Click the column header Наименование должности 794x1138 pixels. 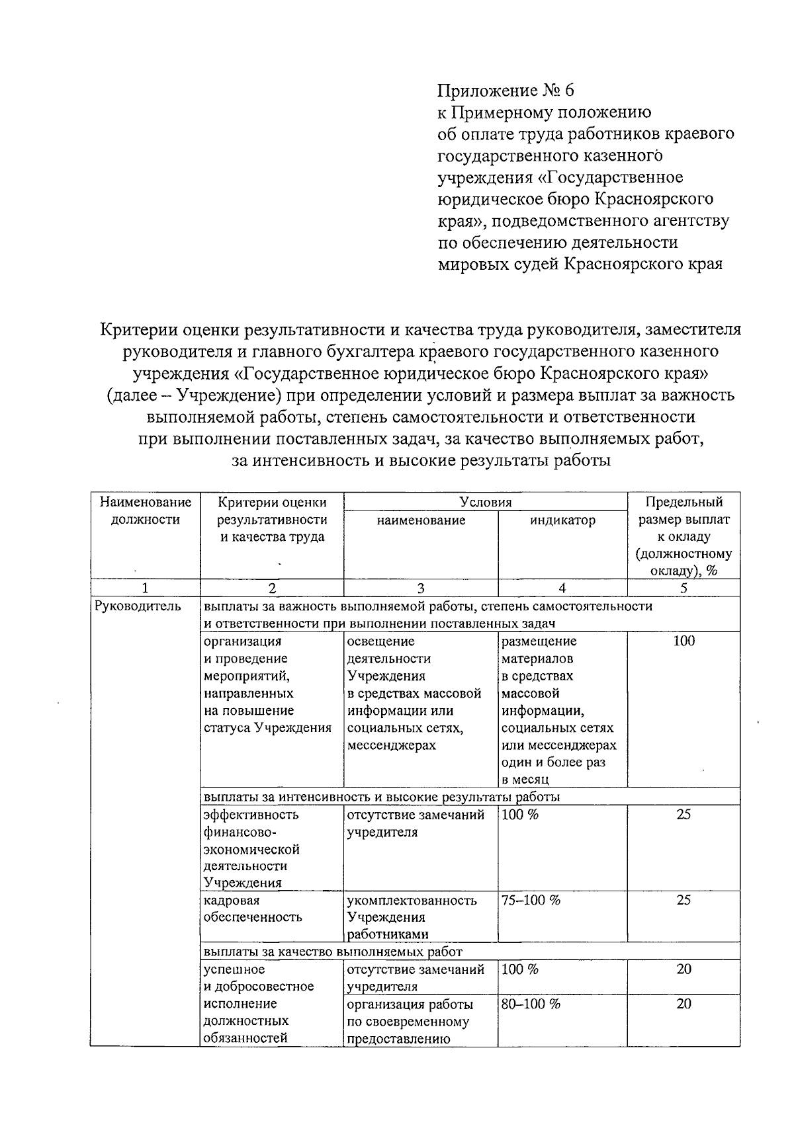coord(145,510)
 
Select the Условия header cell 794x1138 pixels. coord(486,502)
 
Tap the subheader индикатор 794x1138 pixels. coord(562,520)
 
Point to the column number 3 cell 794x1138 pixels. coord(421,588)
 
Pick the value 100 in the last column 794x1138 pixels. coord(684,641)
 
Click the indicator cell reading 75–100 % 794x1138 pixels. coord(531,900)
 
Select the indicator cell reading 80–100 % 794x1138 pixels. coord(531,1004)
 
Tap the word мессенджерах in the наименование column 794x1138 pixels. coord(392,745)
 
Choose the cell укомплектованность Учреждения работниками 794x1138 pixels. coord(412,917)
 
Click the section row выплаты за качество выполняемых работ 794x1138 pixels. coord(333,952)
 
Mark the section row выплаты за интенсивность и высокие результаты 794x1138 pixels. coord(382,797)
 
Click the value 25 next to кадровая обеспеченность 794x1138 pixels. coord(684,900)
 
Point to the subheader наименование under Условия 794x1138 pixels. coord(421,520)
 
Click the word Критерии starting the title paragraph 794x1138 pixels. coord(137,329)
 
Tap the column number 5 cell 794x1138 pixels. coord(684,588)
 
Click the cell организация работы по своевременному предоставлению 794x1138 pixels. coord(410,1021)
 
